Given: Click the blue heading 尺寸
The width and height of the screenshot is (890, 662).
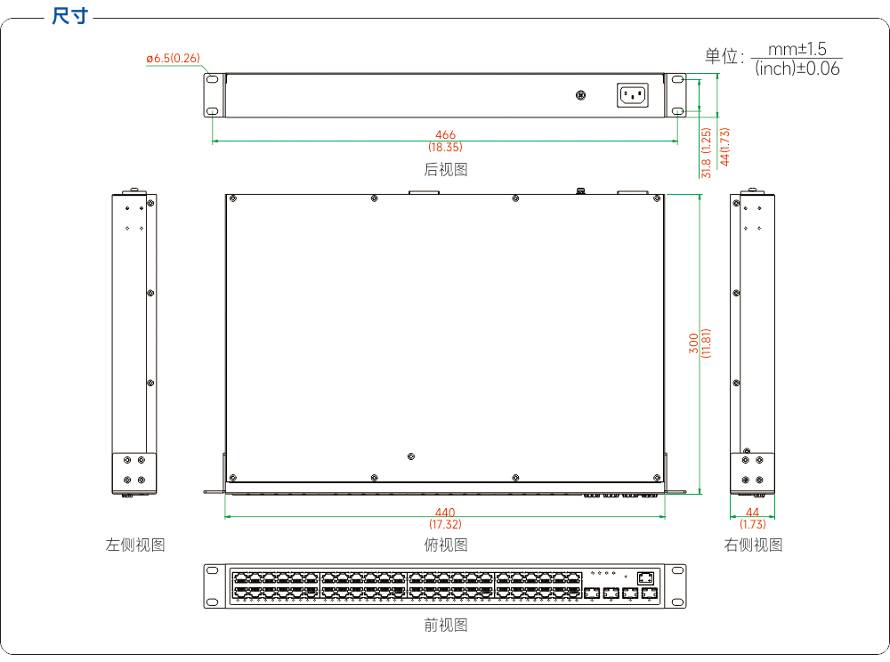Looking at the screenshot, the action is pos(69,16).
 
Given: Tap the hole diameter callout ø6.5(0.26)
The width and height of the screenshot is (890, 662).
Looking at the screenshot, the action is pos(174,59).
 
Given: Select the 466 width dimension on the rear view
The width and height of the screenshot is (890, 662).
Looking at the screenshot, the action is pos(446,134).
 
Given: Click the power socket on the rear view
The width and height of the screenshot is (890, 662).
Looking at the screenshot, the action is pos(632,94).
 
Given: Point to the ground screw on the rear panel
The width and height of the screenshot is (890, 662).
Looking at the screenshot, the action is pos(580,94).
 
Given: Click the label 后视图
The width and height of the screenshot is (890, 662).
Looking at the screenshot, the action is pos(446,169).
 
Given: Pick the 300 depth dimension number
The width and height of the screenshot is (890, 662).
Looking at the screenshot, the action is pos(693,343).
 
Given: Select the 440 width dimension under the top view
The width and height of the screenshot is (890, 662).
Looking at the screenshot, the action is pos(446,513).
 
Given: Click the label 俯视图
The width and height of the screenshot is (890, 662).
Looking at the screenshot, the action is pos(446,545).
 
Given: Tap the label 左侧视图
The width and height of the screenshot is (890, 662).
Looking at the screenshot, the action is pos(135,545).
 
